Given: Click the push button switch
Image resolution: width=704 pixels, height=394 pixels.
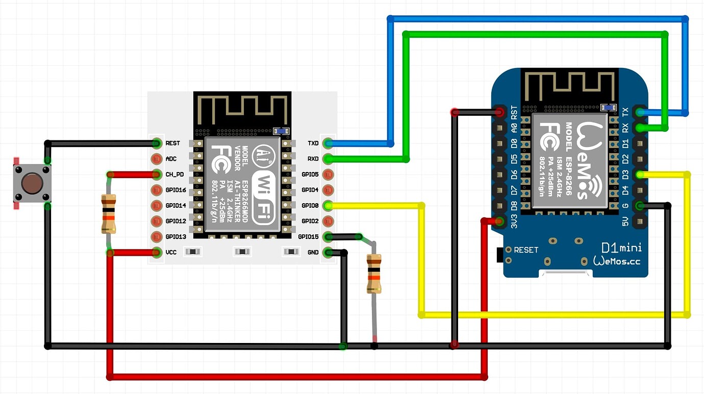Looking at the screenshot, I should coord(32,183).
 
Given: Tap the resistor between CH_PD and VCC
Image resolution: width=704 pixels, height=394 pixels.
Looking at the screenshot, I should coord(108,213).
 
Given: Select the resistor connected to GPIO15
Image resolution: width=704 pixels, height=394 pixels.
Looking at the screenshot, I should coord(374,274).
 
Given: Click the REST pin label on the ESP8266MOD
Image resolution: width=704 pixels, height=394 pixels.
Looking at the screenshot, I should coord(173,143).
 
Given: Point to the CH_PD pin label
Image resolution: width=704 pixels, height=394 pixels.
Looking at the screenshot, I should coord(175,175).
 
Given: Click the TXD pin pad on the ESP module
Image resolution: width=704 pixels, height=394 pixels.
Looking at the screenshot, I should coord(329,143).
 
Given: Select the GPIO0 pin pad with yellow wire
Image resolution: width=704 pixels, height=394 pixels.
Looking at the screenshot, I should coord(329,206).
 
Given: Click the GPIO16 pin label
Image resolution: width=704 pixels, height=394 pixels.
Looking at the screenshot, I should coord(176,190).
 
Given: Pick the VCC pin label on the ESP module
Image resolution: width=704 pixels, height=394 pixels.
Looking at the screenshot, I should coord(171,252).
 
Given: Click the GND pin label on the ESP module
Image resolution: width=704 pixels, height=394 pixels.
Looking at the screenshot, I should coord(313,252).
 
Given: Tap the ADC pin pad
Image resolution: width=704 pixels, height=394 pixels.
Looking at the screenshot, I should coord(157,159).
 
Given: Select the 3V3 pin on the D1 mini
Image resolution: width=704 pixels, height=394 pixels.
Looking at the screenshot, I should coord(499,221).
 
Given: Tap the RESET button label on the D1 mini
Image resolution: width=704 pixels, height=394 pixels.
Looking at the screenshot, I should coord(526,250).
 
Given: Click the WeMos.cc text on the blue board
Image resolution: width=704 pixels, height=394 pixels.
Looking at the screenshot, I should coord(617,261).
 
